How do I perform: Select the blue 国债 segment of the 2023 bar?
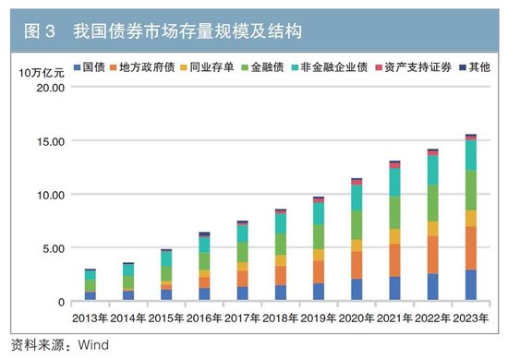coord(470,285)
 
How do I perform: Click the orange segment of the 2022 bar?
coord(432,255)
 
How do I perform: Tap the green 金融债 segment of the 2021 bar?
coord(394,212)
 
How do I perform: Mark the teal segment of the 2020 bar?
coord(357,198)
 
